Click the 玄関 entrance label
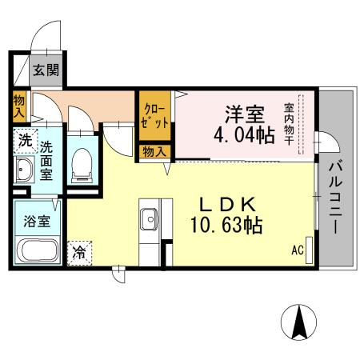click(x=46, y=70)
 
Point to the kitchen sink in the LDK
click(x=148, y=217)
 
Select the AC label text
click(x=297, y=250)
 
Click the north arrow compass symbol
click(x=302, y=322)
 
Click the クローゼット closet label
click(x=154, y=118)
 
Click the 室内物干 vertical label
click(x=289, y=124)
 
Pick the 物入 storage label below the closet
click(x=154, y=151)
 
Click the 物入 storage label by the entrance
click(x=19, y=107)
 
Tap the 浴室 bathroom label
click(x=38, y=220)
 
